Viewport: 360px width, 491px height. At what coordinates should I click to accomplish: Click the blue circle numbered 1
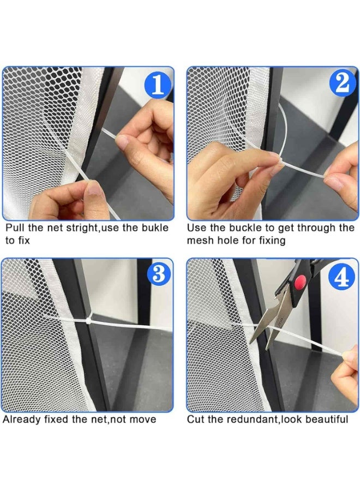tap(158, 84)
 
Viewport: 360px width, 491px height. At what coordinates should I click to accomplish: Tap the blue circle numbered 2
tap(343, 83)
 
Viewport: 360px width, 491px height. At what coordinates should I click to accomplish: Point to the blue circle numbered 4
tap(343, 276)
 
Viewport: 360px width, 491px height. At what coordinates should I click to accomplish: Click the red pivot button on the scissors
tap(301, 280)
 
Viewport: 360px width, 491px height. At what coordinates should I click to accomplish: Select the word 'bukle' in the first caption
tap(155, 227)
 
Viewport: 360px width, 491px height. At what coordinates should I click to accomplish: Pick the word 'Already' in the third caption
tap(21, 420)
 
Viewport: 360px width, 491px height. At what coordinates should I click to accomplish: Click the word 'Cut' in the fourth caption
tap(195, 420)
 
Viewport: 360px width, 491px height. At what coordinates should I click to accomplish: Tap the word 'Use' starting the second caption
tap(196, 227)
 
